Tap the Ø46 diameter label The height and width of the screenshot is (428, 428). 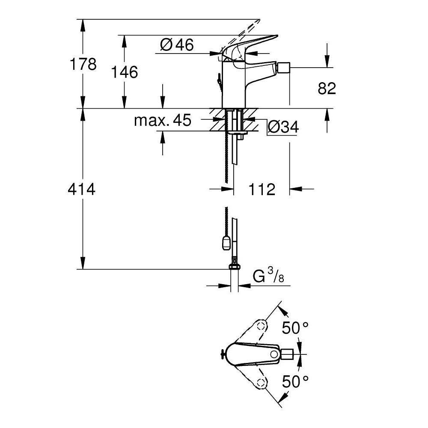(x=177, y=45)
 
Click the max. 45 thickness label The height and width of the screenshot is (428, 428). (x=163, y=121)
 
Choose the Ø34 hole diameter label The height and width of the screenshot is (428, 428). (x=283, y=127)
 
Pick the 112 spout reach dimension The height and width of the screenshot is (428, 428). (x=262, y=189)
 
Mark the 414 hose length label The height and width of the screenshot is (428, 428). (x=81, y=189)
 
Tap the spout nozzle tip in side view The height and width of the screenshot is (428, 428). (x=283, y=68)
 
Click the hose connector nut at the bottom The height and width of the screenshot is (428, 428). (x=234, y=267)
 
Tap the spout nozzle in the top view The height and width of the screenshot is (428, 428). (x=287, y=354)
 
